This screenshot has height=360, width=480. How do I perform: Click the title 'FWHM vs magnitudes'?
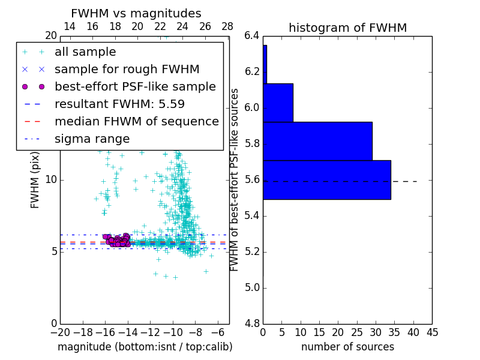click(136, 14)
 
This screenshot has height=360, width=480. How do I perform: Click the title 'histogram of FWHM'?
click(347, 28)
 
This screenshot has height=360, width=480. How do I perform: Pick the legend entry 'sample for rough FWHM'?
click(127, 69)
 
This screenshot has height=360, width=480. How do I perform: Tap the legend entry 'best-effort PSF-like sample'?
click(135, 86)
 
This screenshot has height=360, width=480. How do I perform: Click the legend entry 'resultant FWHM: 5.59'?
click(119, 104)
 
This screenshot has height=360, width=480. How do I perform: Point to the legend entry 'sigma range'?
click(92, 139)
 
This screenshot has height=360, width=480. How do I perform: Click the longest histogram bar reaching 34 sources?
click(326, 179)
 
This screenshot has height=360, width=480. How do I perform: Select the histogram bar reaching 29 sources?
click(317, 141)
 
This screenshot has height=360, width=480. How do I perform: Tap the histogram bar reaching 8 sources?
click(278, 103)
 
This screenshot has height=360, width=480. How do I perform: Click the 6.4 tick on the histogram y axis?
click(252, 36)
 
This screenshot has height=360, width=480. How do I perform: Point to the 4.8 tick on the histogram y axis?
click(252, 323)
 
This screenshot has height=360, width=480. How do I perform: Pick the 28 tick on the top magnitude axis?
click(227, 26)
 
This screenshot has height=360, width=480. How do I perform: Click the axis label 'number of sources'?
click(347, 347)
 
